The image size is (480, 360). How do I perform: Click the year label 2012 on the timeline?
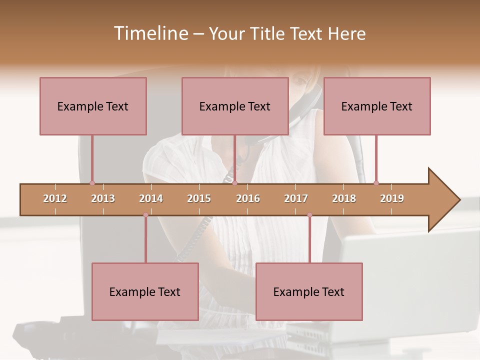(55, 198)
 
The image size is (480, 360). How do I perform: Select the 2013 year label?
(103, 198)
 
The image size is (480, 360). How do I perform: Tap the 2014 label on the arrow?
(151, 198)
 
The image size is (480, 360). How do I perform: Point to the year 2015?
(199, 198)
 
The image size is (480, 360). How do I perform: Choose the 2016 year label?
(248, 198)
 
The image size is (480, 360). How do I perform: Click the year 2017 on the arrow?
(296, 198)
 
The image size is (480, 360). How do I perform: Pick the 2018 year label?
(344, 198)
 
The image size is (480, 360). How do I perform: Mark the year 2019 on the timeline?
(392, 198)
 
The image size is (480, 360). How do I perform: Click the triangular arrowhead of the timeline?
(442, 200)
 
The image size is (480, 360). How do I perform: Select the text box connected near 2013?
(93, 106)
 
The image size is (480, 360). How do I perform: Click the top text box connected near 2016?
(235, 106)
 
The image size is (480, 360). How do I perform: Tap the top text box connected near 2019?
(377, 106)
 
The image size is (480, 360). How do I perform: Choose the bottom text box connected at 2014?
(145, 291)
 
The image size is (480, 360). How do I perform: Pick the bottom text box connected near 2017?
(309, 291)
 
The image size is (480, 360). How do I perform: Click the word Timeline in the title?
(150, 33)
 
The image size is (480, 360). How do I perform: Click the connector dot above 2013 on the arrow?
(92, 183)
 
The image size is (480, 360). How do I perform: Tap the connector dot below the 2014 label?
(145, 215)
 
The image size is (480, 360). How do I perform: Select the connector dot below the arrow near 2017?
(309, 215)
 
